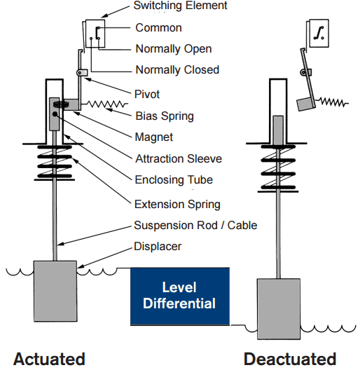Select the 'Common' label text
(x=158, y=27)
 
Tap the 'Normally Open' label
(x=173, y=48)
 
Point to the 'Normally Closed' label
(x=177, y=69)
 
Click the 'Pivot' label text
(x=148, y=93)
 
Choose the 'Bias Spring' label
(x=164, y=116)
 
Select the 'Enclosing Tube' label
(x=173, y=179)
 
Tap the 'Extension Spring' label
(x=177, y=204)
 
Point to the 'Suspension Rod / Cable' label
(x=195, y=225)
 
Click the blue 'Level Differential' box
(x=179, y=296)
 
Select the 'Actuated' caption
(x=49, y=359)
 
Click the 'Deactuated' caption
(x=290, y=359)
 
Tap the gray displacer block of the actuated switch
(x=55, y=289)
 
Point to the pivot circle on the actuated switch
(x=81, y=72)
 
